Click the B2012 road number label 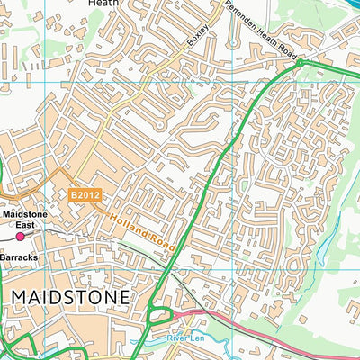coord(82,194)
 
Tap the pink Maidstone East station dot coord(20,237)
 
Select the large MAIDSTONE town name coord(70,296)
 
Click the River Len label coord(186,338)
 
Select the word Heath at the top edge coord(103,4)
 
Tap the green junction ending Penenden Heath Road coord(300,62)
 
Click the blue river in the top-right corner coord(346,4)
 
